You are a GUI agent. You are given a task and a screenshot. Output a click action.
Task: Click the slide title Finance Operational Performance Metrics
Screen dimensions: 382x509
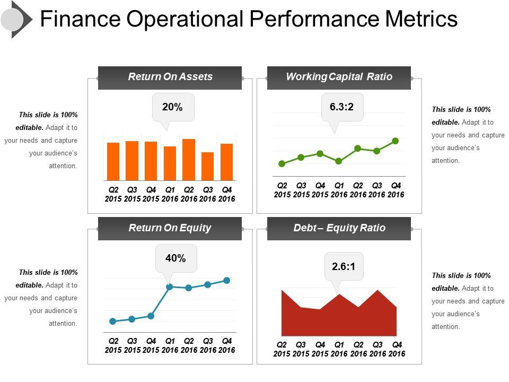(249, 19)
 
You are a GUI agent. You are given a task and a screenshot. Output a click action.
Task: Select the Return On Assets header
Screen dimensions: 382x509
(170, 77)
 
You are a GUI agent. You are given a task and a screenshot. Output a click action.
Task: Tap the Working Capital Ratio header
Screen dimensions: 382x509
(339, 77)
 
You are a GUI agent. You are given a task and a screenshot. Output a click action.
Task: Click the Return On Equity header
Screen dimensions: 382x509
(170, 228)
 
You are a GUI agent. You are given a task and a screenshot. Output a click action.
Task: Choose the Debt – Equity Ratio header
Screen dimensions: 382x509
(339, 228)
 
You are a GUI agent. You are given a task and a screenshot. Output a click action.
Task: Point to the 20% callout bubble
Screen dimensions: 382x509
(173, 107)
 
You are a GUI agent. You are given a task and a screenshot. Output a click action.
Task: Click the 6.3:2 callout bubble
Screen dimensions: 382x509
(341, 107)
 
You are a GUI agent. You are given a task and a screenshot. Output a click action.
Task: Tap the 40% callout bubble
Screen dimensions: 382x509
(175, 258)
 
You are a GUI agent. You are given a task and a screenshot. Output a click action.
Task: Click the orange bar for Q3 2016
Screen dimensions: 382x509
(208, 167)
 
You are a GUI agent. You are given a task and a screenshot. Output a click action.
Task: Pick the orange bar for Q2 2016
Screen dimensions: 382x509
(189, 160)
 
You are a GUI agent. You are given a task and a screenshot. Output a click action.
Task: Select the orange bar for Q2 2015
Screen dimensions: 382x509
(113, 162)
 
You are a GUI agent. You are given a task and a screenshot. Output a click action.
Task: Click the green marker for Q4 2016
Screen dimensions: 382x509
(396, 141)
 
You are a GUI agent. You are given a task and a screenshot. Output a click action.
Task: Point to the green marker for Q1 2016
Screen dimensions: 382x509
(339, 161)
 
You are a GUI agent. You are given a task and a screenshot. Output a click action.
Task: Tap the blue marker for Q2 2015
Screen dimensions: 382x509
(112, 321)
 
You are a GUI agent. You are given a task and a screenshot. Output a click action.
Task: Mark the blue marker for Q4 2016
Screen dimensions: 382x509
(226, 280)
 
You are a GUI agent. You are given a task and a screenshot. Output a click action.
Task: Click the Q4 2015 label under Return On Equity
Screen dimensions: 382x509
(151, 345)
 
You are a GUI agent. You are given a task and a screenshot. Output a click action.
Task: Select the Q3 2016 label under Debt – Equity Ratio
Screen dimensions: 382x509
(377, 349)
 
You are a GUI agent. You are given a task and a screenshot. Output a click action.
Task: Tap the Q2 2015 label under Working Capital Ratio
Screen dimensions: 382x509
(282, 190)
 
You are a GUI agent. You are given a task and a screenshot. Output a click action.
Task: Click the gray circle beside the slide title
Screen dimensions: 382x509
(12, 20)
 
